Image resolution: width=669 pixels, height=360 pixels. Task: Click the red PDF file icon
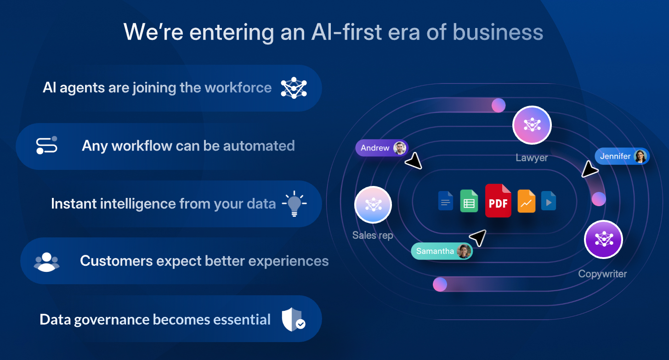498,201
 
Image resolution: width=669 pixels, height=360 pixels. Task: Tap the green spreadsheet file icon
469,201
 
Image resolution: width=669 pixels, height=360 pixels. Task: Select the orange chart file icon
526,201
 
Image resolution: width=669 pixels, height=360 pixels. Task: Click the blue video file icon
549,201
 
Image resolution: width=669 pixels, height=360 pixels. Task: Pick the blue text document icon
446,201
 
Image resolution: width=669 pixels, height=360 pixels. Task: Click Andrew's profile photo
400,148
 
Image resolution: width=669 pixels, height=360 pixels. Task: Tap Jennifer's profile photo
641,156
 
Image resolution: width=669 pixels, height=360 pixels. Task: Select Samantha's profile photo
464,251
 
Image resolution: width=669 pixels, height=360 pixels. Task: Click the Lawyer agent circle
532,125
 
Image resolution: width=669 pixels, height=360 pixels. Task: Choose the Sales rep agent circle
373,205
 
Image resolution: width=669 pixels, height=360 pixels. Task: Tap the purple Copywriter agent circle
604,239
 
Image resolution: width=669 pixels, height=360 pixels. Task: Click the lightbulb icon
294,203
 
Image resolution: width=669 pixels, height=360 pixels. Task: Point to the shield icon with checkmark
294,320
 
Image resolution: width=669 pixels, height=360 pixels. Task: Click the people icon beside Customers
46,262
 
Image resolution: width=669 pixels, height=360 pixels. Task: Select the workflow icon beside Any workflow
46,146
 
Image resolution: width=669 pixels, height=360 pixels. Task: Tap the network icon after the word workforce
294,88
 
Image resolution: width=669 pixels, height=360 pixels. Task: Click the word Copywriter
602,274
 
